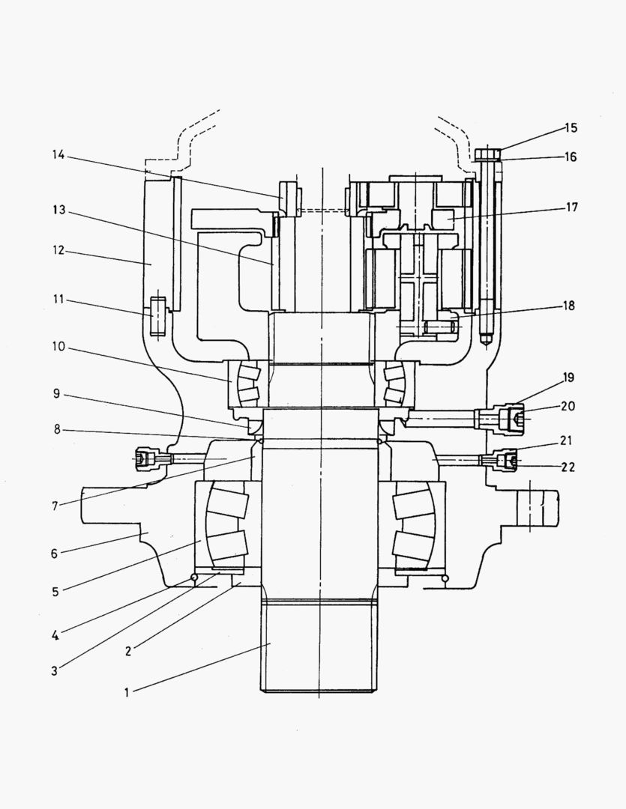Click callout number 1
(127, 693)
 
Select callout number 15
(571, 128)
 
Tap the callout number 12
(58, 252)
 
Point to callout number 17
(571, 207)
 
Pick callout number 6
(54, 555)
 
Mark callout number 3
(54, 670)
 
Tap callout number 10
(58, 348)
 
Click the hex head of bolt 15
(487, 154)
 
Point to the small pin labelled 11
(157, 316)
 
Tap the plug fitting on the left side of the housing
(145, 458)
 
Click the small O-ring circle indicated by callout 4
(194, 577)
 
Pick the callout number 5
(55, 592)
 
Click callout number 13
(58, 211)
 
